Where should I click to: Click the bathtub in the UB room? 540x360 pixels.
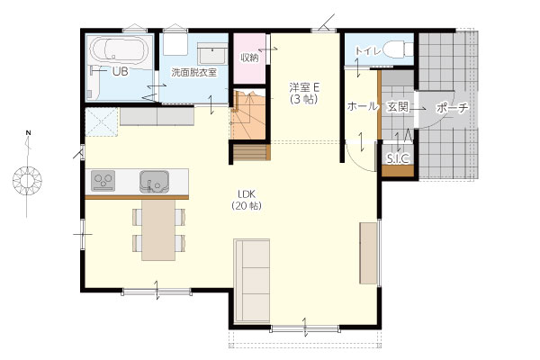[x=119, y=50]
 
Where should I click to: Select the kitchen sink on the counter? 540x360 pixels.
[x=154, y=181]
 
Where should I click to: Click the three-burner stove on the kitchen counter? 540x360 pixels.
[x=103, y=181]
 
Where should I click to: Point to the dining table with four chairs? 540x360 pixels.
[x=158, y=230]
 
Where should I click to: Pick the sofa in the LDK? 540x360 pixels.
[x=252, y=281]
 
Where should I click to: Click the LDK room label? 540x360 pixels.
[x=247, y=193]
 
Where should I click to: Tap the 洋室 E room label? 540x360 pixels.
[x=304, y=87]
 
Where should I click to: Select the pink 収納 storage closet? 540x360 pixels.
[x=249, y=58]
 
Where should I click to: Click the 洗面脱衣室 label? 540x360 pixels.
[x=194, y=73]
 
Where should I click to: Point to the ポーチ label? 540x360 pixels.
[x=453, y=108]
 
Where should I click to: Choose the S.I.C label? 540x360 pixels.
[x=398, y=158]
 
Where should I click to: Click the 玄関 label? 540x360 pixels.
[x=398, y=107]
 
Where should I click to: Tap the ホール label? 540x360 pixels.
[x=363, y=106]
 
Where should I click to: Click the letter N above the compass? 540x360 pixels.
[x=29, y=132]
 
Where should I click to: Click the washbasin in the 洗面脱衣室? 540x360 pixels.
[x=212, y=54]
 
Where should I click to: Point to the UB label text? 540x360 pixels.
[x=121, y=72]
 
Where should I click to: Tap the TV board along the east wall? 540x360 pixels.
[x=368, y=253]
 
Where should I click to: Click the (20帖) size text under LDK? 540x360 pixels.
[x=247, y=206]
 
